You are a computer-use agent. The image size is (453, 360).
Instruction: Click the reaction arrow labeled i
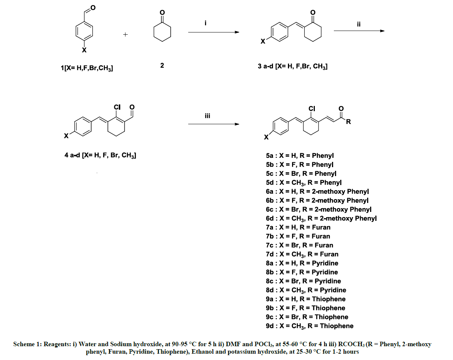pyautogui.click(x=214, y=32)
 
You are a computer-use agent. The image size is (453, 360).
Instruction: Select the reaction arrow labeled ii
pyautogui.click(x=359, y=31)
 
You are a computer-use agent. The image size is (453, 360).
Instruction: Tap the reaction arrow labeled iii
pyautogui.click(x=214, y=124)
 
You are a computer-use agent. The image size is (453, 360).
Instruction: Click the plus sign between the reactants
pyautogui.click(x=125, y=34)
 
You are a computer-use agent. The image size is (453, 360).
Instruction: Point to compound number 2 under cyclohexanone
pyautogui.click(x=162, y=65)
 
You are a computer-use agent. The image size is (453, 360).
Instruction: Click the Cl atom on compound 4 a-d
pyautogui.click(x=117, y=107)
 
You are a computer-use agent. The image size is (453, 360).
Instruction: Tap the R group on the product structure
pyautogui.click(x=348, y=122)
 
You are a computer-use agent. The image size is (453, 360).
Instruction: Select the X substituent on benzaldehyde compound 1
pyautogui.click(x=84, y=50)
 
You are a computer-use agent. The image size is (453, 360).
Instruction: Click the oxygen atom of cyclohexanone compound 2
pyautogui.click(x=162, y=13)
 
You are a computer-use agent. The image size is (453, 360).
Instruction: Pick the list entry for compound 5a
pyautogui.click(x=300, y=156)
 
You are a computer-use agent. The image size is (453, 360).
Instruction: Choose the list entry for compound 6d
pyautogui.click(x=321, y=219)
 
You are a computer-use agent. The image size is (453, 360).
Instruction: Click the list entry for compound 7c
pyautogui.click(x=300, y=245)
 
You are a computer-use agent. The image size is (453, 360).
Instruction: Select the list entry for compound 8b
pyautogui.click(x=302, y=272)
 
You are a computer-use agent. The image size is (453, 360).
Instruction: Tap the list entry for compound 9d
pyautogui.click(x=310, y=326)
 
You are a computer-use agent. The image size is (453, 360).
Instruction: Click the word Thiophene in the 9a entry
pyautogui.click(x=329, y=299)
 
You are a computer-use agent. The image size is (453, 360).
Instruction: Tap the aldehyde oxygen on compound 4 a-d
pyautogui.click(x=132, y=107)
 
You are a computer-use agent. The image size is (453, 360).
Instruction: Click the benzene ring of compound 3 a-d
pyautogui.click(x=280, y=32)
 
